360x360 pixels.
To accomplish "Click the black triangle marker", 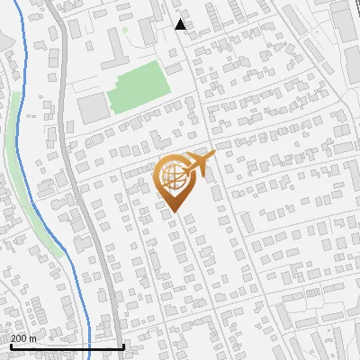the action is (181, 24).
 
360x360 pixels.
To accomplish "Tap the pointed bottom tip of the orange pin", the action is (174, 212).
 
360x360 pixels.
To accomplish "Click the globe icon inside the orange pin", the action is (173, 176).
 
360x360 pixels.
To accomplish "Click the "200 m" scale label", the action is (23, 338).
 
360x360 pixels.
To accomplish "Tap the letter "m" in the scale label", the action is (32, 338).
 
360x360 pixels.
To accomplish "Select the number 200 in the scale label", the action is (19, 338).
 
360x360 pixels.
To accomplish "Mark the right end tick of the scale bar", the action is (123, 345).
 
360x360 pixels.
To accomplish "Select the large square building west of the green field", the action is (91, 109).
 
